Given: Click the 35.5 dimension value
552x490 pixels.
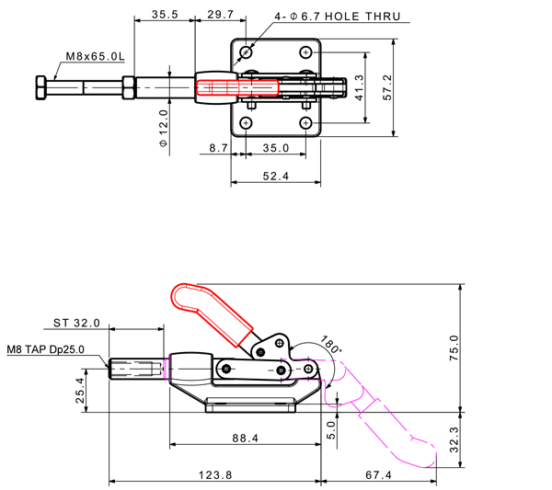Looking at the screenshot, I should (x=165, y=15).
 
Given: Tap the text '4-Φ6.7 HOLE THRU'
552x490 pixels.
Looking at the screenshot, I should (x=339, y=17).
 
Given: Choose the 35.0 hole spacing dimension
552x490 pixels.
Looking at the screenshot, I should (x=275, y=147).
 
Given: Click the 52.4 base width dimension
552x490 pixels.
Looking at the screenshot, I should (x=275, y=176).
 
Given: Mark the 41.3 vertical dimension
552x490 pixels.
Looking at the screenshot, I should (x=360, y=87).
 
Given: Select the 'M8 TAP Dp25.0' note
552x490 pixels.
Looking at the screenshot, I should (x=45, y=349).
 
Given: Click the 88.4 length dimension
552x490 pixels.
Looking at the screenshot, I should (x=245, y=439).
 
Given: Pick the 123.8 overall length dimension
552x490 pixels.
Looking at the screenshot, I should (x=215, y=474).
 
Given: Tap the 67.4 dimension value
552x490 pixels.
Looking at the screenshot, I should (x=378, y=474).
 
